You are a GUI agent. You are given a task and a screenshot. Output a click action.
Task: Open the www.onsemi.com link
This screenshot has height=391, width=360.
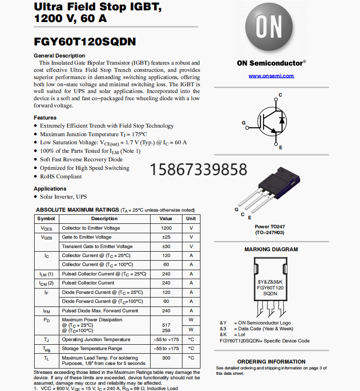pos(271,76)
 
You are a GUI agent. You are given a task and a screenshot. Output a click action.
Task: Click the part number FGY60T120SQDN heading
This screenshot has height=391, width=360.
pos(85,42)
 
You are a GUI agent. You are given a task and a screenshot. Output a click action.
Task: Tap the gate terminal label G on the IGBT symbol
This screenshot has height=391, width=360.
pos(244,123)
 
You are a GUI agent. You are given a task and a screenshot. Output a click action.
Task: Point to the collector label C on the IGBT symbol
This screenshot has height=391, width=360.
pos(280,95)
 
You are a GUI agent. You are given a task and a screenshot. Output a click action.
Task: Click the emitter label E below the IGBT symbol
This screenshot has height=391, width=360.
pos(280,147)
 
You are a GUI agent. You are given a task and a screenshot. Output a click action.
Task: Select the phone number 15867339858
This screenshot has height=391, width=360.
pos(198,169)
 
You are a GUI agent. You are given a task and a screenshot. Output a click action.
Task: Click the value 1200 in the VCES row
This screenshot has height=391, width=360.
pos(166,228)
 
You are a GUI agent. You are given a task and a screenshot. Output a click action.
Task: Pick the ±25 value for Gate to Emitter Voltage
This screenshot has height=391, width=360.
pos(166,237)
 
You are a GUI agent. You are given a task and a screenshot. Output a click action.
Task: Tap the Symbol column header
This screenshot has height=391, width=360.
pos(46,219)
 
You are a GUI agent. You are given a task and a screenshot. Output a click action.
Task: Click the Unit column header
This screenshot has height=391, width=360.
pos(191,219)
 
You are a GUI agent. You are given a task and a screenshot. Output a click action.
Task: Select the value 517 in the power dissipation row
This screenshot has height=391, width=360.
pos(166,324)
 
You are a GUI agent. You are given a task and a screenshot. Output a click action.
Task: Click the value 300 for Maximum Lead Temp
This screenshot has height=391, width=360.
pos(166,358)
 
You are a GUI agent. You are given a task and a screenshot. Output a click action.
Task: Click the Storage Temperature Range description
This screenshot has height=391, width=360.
pos(92,349)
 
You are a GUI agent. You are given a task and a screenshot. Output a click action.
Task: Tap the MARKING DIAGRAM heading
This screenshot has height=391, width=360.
pos(271,249)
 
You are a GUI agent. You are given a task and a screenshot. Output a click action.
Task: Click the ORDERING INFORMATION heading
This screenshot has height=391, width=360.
pos(271,361)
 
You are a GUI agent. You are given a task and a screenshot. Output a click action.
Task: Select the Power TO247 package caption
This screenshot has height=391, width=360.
pos(270,227)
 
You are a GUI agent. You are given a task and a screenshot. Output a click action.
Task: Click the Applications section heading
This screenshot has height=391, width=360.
pos(50,189)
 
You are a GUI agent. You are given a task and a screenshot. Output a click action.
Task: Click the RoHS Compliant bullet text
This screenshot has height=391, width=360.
pos(61,177)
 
